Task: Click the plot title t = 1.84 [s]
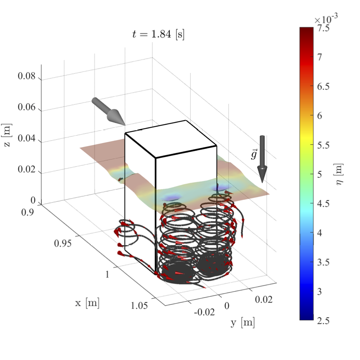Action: (158, 34)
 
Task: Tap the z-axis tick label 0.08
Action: (27, 76)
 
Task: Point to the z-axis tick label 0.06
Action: (27, 107)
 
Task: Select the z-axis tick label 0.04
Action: (27, 138)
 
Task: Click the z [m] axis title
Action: (7, 135)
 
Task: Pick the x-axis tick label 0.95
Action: (63, 243)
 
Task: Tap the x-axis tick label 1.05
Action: (139, 306)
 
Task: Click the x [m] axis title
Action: (87, 303)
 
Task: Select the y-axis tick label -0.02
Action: (204, 312)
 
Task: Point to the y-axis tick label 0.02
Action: (264, 300)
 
